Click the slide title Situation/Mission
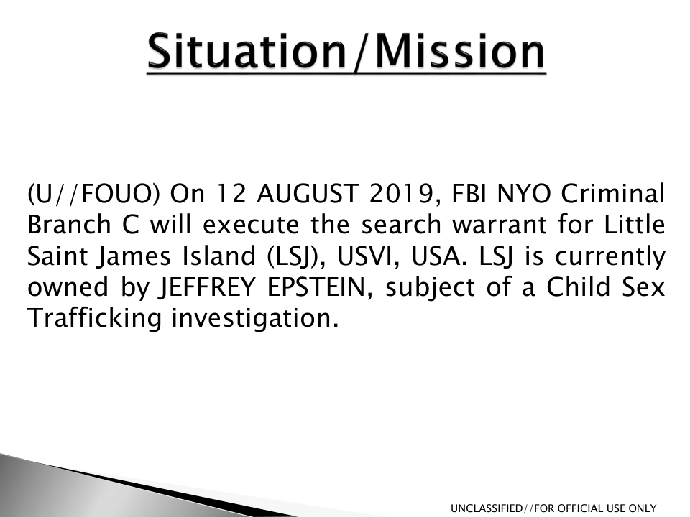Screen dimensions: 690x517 point(346,52)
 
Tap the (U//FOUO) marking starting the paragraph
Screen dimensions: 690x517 point(93,194)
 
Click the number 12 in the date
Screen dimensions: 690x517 point(231,194)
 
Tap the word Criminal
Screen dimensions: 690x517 point(612,193)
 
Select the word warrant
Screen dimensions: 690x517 point(500,225)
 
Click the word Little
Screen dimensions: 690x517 point(634,224)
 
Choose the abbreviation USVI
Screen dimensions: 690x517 point(368,256)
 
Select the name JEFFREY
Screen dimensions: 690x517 point(207,287)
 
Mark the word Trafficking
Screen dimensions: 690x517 point(95,318)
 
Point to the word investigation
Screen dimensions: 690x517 point(255,319)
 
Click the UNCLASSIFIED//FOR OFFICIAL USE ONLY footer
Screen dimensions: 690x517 point(553,508)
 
